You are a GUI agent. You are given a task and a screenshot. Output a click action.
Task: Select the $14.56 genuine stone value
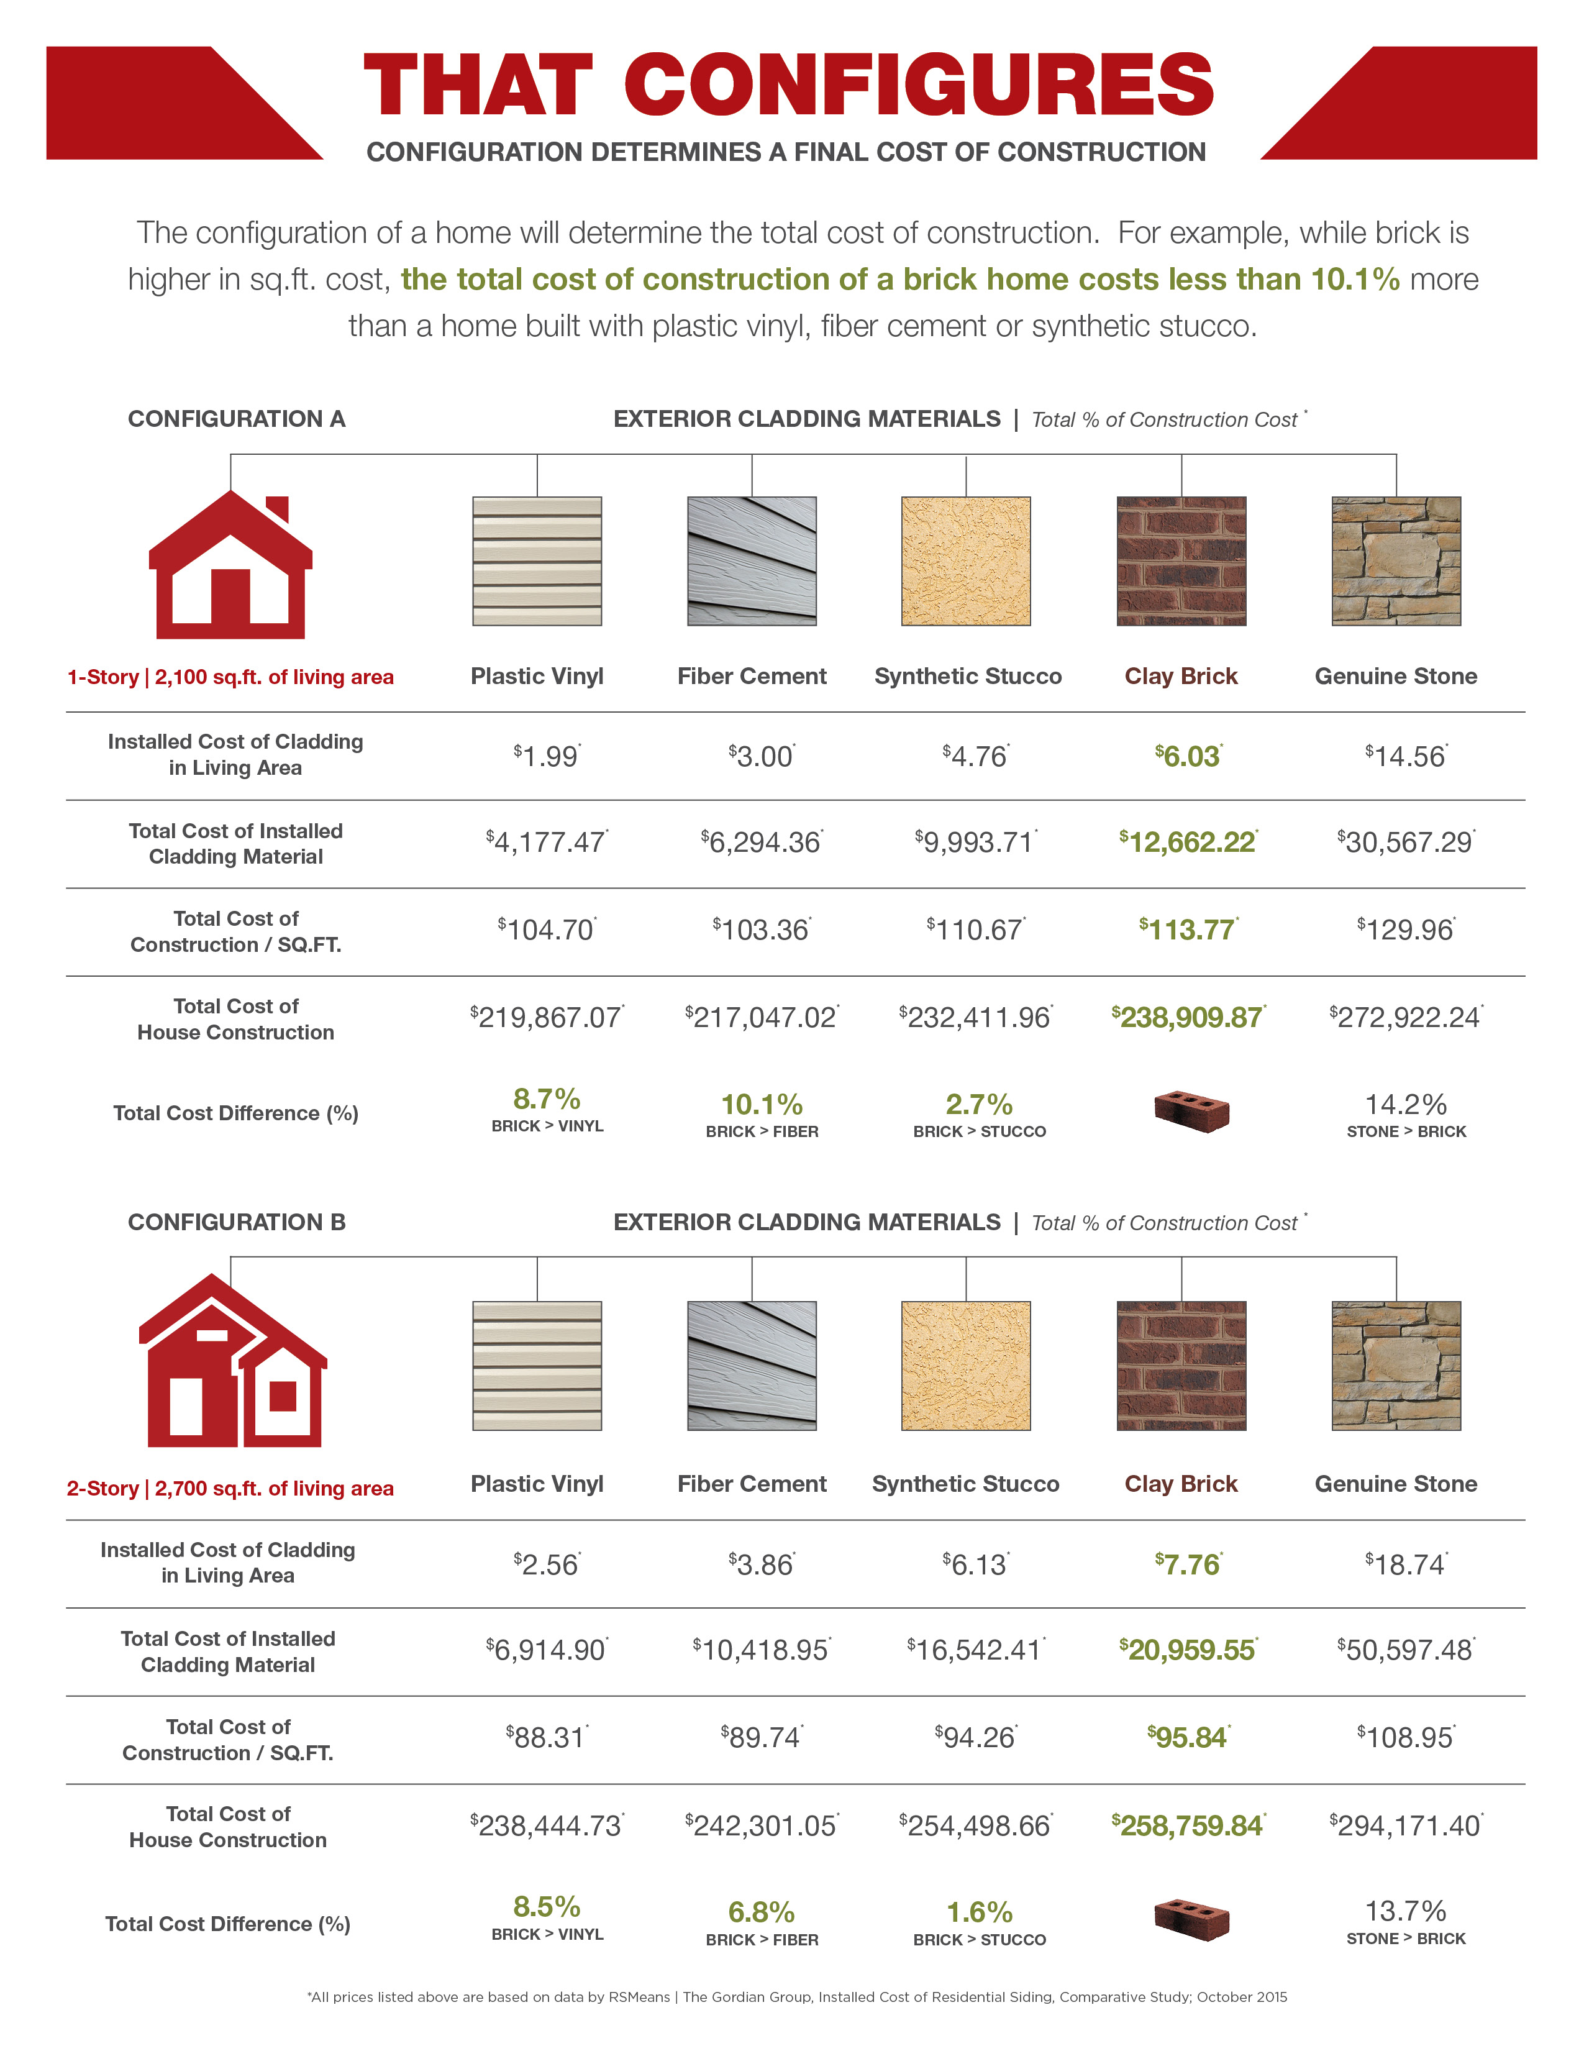click(x=1406, y=756)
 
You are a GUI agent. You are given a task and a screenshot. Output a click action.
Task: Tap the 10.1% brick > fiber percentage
click(x=762, y=1104)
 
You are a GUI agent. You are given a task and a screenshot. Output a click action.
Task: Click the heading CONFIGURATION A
click(x=237, y=419)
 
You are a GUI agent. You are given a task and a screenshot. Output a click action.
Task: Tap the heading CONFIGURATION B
click(x=237, y=1222)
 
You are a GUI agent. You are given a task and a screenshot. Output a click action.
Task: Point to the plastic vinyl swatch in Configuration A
click(x=537, y=560)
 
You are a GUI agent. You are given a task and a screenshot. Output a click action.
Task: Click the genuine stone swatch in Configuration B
click(x=1396, y=1366)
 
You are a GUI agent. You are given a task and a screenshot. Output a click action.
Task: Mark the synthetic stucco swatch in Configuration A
click(x=966, y=560)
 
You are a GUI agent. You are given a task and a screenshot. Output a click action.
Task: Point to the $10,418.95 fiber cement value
click(x=762, y=1650)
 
